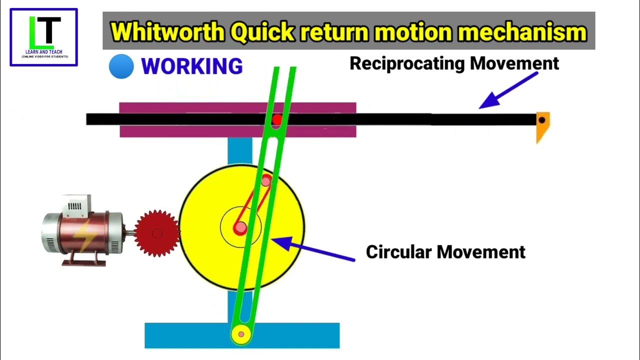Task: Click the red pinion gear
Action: tap(157, 233)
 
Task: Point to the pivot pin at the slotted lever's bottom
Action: tap(241, 333)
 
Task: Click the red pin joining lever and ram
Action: tap(276, 120)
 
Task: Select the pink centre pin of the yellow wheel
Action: tap(240, 228)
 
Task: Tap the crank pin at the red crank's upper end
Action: tap(267, 180)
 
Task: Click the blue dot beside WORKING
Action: tap(121, 66)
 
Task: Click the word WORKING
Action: tap(192, 66)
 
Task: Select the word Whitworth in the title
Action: tap(167, 32)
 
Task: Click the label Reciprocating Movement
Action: tap(454, 63)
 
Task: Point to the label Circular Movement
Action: tap(445, 251)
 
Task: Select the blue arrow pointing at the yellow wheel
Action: tap(312, 250)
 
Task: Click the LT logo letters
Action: tap(44, 31)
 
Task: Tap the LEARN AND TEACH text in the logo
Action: tap(44, 52)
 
